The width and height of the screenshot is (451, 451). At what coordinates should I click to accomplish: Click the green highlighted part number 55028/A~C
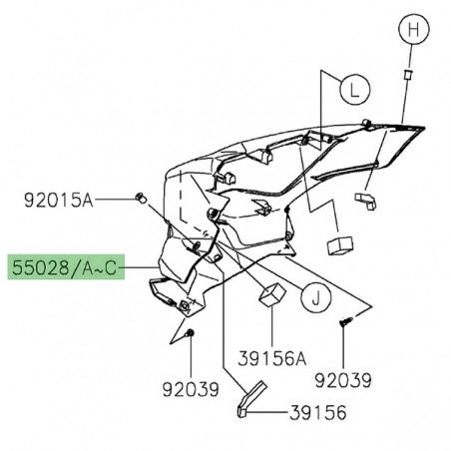pos(66,268)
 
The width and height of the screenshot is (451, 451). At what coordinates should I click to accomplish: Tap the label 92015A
pos(58,201)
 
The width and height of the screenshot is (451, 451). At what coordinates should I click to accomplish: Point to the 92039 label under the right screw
pos(343,380)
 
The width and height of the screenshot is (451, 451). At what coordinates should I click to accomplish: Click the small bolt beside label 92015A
pos(141,197)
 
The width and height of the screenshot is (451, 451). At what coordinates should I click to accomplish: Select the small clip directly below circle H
pos(407,75)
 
